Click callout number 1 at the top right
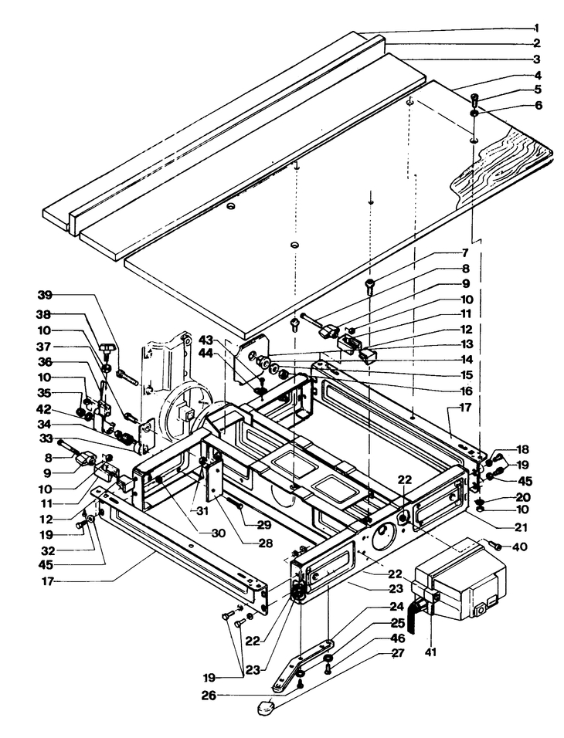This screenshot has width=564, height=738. point(537,28)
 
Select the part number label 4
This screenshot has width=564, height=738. point(537,75)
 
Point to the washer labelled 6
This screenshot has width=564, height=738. point(475,114)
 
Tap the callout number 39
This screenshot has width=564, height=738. point(45,295)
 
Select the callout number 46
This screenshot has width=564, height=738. point(398,639)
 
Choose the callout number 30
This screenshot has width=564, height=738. point(219,533)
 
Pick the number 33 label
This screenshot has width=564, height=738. point(45,439)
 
